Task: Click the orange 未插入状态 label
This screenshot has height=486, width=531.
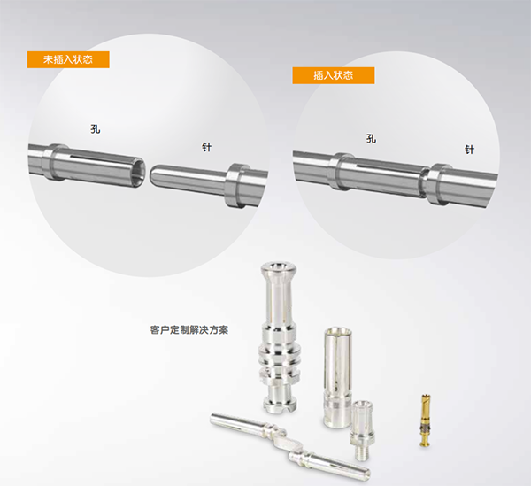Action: (x=68, y=59)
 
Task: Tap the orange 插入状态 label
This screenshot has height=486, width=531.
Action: (x=334, y=75)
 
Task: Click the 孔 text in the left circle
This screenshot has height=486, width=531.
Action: (x=96, y=129)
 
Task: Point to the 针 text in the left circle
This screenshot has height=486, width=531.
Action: (x=206, y=147)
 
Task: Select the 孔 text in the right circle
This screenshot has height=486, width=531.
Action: (x=371, y=138)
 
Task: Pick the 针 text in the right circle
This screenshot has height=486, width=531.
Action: (x=469, y=150)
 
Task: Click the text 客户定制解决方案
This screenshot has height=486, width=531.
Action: (x=189, y=330)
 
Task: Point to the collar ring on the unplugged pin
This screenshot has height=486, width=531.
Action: (x=235, y=185)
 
